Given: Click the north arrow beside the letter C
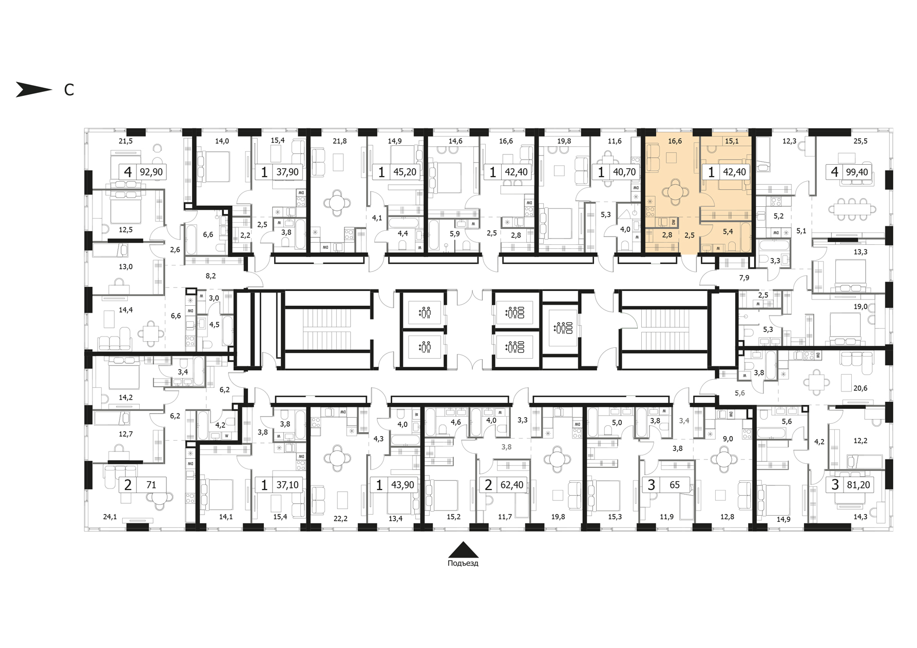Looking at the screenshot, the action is [34, 90].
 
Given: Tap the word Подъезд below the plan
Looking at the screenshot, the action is [463, 563].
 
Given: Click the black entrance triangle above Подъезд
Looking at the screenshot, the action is [463, 549].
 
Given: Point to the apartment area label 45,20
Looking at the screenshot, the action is [405, 172].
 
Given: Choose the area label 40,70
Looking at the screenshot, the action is [624, 172].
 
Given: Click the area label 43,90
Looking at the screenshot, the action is [403, 485].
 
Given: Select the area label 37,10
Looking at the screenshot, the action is [287, 485].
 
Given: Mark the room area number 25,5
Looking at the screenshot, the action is [860, 141].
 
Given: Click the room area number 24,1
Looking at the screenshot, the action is [110, 517].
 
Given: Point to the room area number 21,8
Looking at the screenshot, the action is [339, 141].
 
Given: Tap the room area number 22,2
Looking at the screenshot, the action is [340, 519].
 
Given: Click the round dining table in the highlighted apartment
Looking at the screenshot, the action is [672, 192].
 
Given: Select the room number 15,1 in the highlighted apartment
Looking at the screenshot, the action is [732, 141].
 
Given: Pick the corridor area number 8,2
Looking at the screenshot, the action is [211, 276].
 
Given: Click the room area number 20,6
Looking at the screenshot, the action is [860, 388].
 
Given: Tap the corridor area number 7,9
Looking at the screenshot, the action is [744, 278].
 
